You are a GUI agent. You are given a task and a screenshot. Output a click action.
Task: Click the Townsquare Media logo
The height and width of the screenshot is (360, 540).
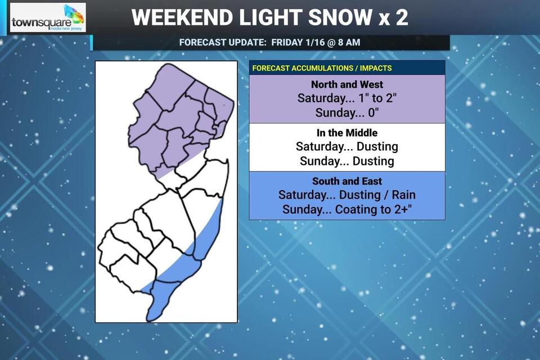pyautogui.click(x=48, y=18)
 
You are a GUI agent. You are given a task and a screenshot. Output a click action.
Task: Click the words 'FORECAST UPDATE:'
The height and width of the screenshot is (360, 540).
pyautogui.click(x=222, y=42)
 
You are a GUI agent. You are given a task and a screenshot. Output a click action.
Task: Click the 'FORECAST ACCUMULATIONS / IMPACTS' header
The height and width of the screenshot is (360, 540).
pyautogui.click(x=322, y=68)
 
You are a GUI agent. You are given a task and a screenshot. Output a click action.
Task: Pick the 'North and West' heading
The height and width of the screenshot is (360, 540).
pyautogui.click(x=347, y=84)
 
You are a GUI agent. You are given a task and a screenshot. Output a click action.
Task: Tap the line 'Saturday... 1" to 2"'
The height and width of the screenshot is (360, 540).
pyautogui.click(x=347, y=98)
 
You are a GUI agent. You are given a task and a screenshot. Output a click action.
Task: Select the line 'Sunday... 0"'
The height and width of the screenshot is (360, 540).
pyautogui.click(x=347, y=112)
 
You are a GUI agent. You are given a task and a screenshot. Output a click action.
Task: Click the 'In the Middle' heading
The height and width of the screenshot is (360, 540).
pyautogui.click(x=347, y=133)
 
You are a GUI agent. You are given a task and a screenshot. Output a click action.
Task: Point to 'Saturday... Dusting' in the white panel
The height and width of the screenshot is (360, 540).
pyautogui.click(x=347, y=146)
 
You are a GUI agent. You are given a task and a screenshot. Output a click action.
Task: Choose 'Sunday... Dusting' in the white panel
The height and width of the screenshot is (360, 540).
pyautogui.click(x=347, y=161)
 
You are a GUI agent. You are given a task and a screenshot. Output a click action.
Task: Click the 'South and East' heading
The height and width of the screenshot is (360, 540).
pyautogui.click(x=347, y=181)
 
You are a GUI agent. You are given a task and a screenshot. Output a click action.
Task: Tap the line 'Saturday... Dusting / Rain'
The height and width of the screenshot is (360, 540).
pyautogui.click(x=347, y=195)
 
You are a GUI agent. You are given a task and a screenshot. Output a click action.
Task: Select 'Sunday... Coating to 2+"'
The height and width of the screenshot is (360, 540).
pyautogui.click(x=347, y=210)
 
